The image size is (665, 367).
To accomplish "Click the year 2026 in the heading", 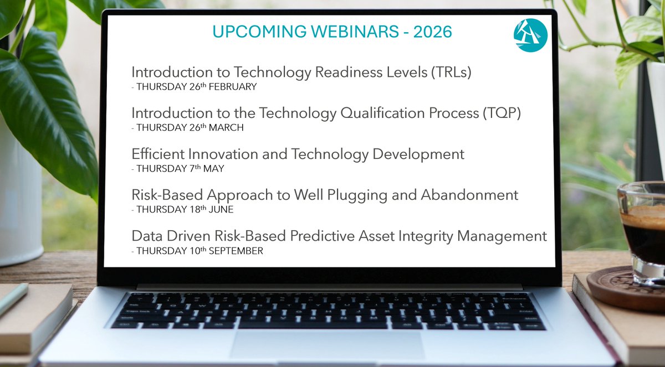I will pos(432,32).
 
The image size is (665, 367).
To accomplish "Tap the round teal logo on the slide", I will pos(530,35).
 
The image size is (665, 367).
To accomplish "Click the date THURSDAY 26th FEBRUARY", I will pos(194,87).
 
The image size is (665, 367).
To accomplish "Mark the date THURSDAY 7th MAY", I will pos(178,169).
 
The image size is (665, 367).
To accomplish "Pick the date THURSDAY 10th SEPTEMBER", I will pos(197,251).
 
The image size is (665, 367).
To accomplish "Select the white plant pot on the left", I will pos(19,210).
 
